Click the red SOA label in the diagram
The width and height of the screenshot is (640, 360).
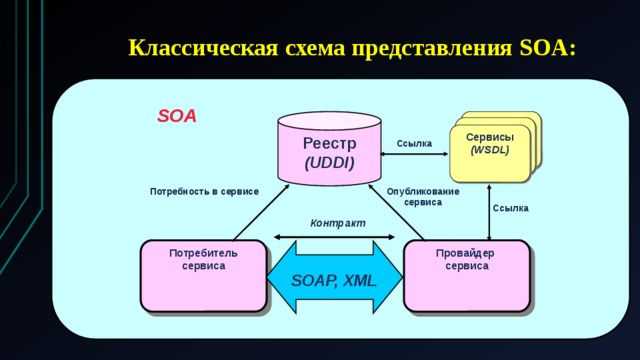pos(177,116)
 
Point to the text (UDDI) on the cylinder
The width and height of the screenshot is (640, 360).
pos(329,162)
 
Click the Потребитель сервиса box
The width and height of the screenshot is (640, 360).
pos(203,275)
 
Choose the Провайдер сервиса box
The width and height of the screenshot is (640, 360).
pos(466,275)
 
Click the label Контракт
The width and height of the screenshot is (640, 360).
pos(337,222)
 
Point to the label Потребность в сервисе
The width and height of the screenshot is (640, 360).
pos(204,190)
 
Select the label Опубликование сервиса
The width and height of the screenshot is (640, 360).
pos(422,196)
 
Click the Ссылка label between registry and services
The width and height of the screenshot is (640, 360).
pos(414,144)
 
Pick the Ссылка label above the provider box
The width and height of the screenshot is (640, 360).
pos(511,208)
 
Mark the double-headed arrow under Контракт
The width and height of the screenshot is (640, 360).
pos(336,237)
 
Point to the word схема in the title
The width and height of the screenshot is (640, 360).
pos(310,48)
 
